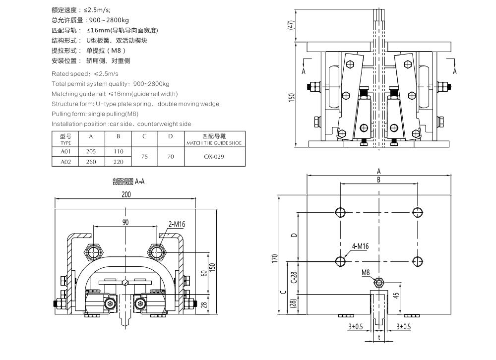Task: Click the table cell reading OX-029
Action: (214, 157)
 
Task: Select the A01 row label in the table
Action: (66, 152)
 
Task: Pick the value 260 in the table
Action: (91, 162)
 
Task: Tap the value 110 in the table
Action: (119, 152)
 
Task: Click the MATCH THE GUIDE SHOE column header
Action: (214, 143)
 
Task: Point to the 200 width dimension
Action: (126, 194)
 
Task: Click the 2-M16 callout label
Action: (177, 224)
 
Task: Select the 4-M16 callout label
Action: (360, 246)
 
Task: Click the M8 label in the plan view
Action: (366, 272)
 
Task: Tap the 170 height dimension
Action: (274, 258)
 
